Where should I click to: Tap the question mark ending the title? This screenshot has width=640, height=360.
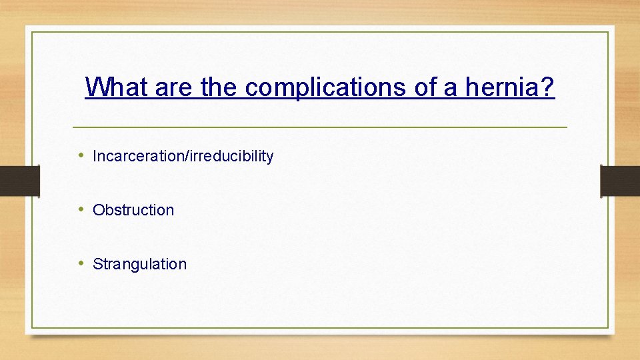pos(548,87)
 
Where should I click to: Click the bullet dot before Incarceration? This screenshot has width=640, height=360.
pos(81,155)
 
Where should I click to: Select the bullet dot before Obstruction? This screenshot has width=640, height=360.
pos(81,209)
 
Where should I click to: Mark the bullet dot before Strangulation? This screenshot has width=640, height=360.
pos(81,263)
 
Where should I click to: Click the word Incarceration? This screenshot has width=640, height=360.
pos(139,156)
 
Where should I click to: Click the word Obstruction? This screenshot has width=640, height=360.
pos(133,210)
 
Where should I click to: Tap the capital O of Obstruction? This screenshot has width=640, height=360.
pos(98,210)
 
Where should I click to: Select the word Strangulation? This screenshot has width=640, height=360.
pos(139,264)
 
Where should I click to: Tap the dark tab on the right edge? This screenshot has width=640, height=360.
pos(620,180)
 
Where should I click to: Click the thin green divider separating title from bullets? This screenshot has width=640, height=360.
pos(319,127)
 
